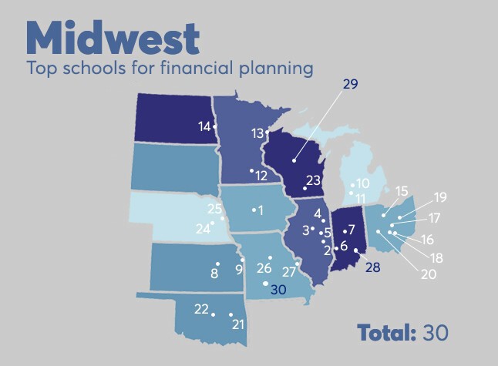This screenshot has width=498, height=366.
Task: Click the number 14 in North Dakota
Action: click(204, 126)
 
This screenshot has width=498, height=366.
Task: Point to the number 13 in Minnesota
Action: click(258, 133)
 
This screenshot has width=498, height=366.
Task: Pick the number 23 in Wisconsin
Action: click(313, 180)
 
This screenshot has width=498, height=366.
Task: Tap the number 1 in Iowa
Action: click(261, 210)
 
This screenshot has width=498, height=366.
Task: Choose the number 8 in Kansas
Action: click(215, 271)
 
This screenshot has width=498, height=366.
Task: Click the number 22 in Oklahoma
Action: click(201, 309)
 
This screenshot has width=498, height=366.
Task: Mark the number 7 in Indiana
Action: click(351, 230)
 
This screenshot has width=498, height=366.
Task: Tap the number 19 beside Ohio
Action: click(439, 196)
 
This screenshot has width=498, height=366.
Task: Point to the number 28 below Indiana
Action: click(372, 267)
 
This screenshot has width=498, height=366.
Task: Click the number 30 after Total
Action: click(434, 333)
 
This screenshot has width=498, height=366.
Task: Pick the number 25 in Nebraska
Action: click(214, 209)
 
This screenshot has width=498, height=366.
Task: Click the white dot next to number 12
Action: click(251, 170)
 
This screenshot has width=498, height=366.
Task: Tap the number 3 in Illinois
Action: click(306, 230)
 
